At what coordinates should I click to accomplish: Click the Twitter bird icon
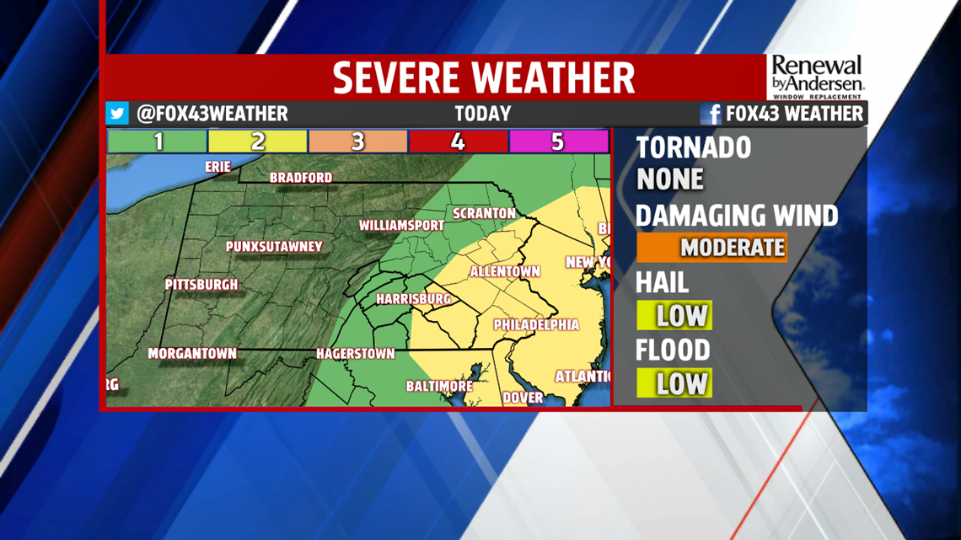[117, 114]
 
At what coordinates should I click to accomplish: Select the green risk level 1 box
[158, 142]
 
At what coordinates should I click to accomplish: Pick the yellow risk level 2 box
[258, 142]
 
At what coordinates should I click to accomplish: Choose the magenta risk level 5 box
[557, 142]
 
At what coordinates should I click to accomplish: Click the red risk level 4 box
[458, 142]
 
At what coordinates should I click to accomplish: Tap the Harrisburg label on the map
[413, 299]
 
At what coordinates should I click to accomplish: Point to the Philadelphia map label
[536, 324]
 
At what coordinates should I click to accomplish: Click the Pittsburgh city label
[201, 285]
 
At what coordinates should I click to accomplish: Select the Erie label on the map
[217, 167]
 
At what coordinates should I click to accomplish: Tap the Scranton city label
[484, 213]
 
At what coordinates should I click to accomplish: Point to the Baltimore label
[439, 386]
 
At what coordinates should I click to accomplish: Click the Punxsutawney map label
[274, 247]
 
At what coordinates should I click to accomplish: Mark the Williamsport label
[401, 226]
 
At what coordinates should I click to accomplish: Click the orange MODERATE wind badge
[712, 248]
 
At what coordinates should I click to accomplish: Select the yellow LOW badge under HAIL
[674, 316]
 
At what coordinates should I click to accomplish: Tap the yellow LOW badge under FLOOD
[674, 383]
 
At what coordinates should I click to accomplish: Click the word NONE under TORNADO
[669, 179]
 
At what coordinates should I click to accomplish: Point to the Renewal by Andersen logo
[817, 78]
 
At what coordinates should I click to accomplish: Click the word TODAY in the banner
[482, 114]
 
